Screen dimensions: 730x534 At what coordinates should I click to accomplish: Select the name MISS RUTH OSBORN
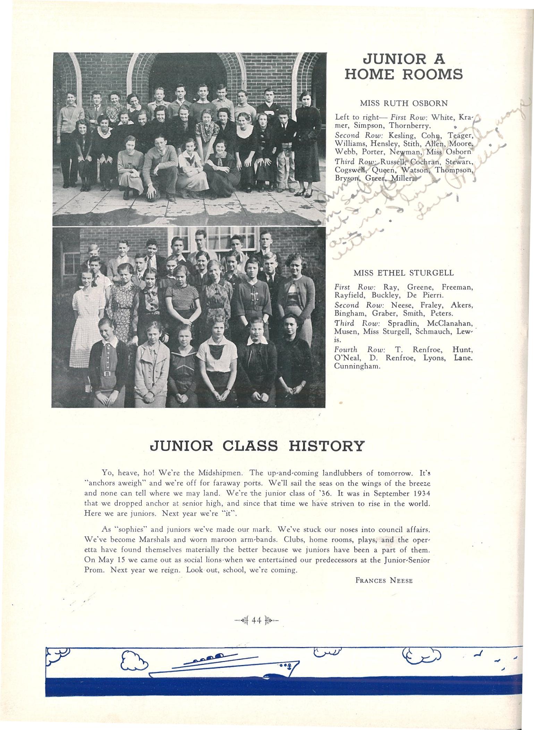pos(404,103)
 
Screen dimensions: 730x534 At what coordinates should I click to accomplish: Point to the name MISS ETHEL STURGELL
pos(404,273)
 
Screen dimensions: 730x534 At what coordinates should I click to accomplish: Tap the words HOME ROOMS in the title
pos(404,74)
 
